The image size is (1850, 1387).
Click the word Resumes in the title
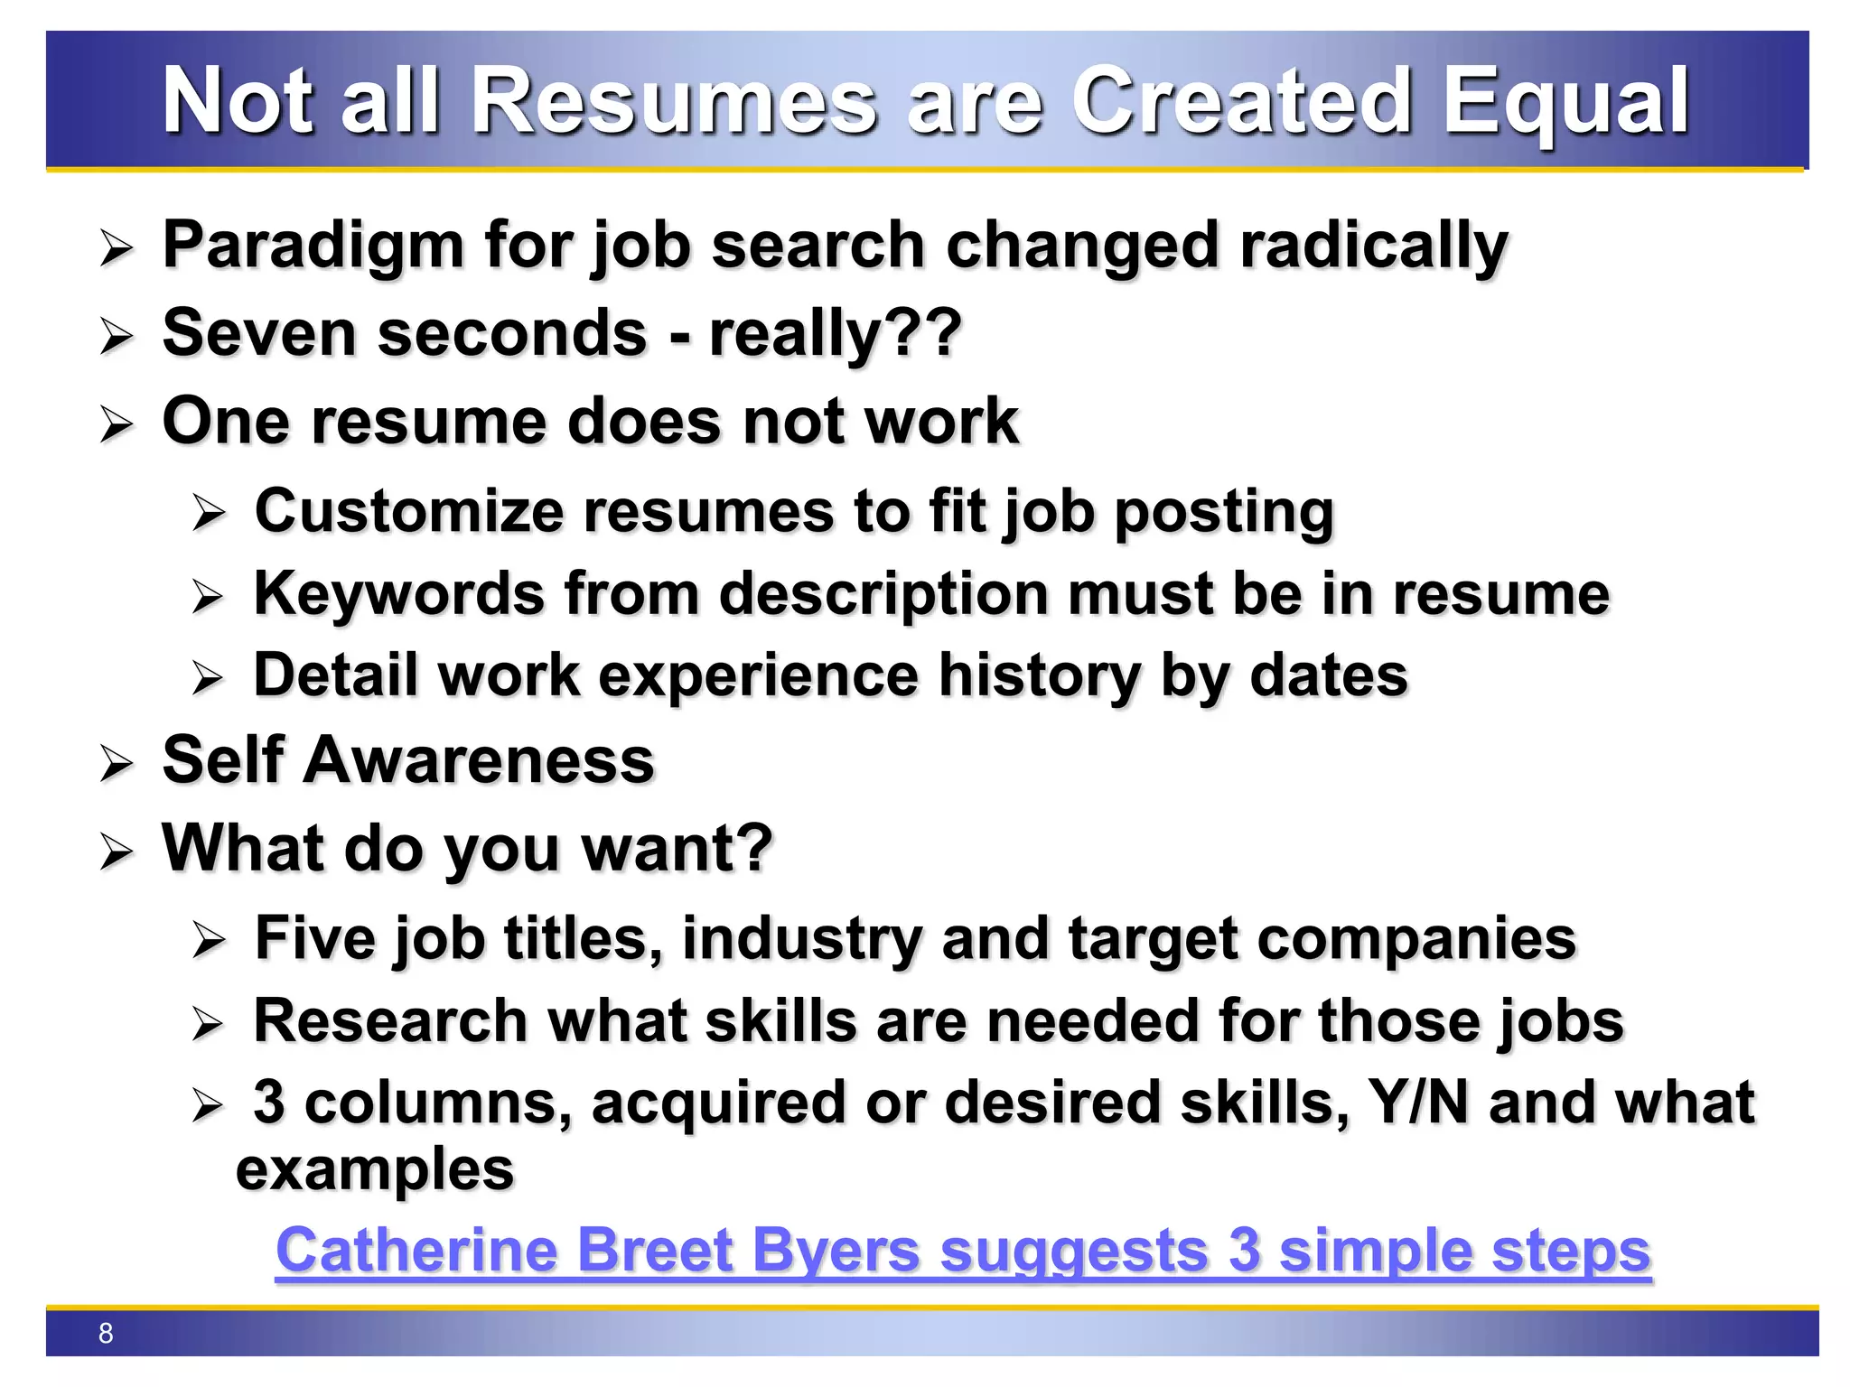coord(674,101)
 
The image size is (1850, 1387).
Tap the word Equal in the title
coord(1565,101)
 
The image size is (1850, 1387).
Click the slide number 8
coord(106,1333)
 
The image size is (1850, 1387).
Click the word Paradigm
coord(313,246)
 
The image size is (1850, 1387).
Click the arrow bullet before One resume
coord(117,424)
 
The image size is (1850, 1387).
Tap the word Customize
coord(408,511)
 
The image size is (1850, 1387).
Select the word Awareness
coord(479,760)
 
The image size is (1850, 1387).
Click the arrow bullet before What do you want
coord(117,851)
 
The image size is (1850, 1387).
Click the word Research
coord(390,1021)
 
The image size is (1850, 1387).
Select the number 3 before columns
coord(269,1103)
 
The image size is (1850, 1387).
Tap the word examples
coord(375,1169)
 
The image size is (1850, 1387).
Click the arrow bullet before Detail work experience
coord(208,677)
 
